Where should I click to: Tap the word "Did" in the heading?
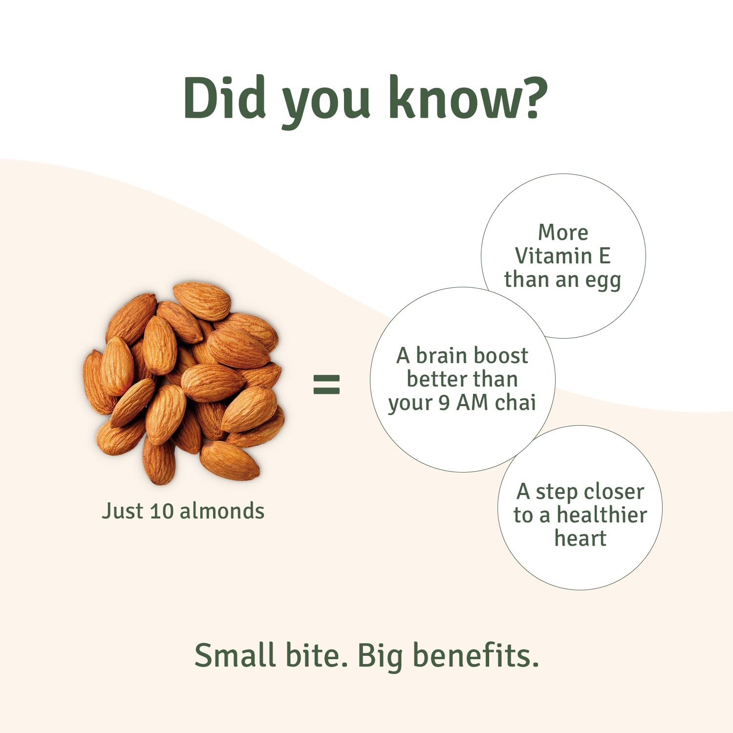click(224, 98)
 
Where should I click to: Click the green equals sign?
click(326, 384)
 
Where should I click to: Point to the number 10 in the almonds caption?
click(161, 511)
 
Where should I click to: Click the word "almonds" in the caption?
click(222, 511)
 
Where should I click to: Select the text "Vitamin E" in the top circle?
click(563, 256)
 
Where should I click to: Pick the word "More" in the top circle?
click(563, 232)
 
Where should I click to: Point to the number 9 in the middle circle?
click(444, 403)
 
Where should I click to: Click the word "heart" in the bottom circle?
click(581, 539)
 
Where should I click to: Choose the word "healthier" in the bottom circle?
click(602, 515)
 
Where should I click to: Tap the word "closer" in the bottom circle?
click(615, 492)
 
